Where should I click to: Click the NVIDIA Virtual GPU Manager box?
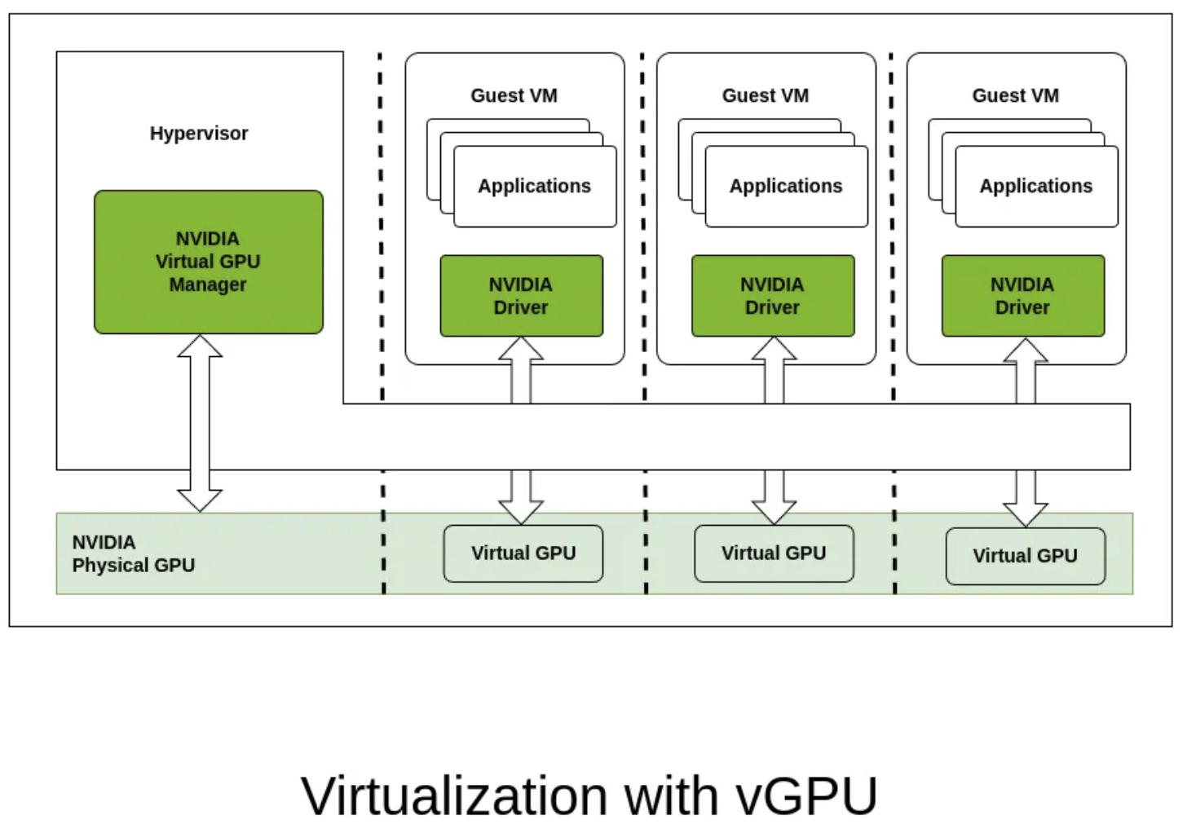208,262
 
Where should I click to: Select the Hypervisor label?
199,133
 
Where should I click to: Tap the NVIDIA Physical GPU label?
133,553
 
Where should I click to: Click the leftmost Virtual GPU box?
523,553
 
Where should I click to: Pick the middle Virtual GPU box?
774,553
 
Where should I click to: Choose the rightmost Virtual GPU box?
1025,556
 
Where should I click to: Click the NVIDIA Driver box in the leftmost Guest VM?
521,296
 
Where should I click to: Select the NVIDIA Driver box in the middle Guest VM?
772,296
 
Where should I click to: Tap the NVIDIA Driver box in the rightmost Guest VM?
1022,296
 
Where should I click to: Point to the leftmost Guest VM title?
514,95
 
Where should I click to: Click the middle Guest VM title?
766,95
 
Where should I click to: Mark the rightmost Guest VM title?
1015,95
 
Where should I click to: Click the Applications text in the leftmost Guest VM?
534,186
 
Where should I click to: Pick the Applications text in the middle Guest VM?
786,186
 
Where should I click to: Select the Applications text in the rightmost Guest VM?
1035,186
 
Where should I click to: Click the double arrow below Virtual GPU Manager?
200,423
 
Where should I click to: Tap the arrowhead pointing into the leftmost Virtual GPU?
521,511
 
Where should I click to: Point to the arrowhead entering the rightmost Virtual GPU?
1025,514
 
